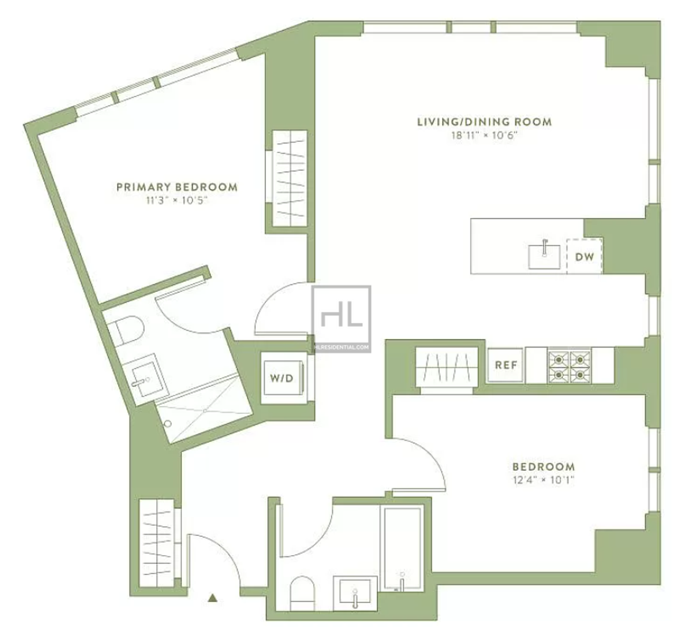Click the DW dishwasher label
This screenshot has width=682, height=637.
click(584, 257)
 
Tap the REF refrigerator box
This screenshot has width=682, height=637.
click(505, 365)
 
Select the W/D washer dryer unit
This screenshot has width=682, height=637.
click(282, 378)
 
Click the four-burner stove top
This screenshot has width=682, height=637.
click(569, 366)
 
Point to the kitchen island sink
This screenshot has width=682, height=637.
click(544, 255)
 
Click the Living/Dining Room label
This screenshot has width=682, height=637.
click(484, 122)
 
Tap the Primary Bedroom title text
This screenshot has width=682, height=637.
click(177, 187)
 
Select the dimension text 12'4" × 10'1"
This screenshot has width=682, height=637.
click(543, 480)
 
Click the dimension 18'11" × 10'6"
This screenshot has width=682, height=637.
click(484, 135)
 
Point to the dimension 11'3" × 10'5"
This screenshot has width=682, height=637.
click(177, 200)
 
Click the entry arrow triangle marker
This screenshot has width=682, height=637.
click(213, 598)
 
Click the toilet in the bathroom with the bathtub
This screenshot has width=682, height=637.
click(302, 593)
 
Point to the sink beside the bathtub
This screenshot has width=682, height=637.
click(355, 593)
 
